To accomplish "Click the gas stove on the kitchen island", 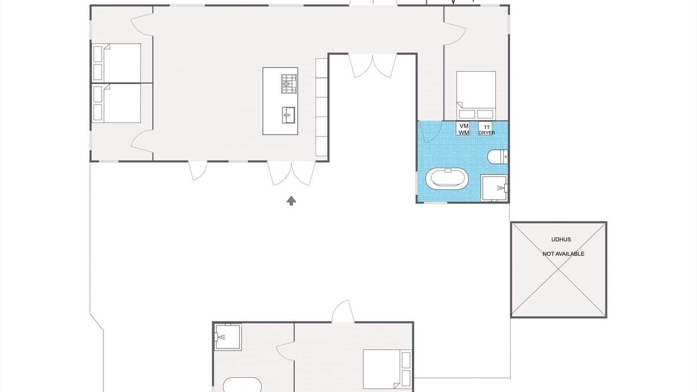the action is (289, 84).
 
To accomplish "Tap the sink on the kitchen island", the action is (289, 115).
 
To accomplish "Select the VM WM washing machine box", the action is (463, 129).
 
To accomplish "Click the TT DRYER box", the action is (486, 129).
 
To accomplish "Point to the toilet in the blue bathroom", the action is (498, 157).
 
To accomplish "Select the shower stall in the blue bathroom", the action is (494, 188).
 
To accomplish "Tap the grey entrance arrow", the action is (291, 201).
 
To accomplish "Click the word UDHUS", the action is (561, 240).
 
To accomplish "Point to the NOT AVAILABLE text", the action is (563, 254).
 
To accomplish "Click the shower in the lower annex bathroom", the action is (228, 337).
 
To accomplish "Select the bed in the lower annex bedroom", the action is (387, 369).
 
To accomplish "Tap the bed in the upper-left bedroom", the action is (117, 63).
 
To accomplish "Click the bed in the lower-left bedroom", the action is (117, 103).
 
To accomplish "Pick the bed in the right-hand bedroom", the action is (476, 95).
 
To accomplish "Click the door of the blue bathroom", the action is (430, 132).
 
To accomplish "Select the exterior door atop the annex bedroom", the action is (343, 311).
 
